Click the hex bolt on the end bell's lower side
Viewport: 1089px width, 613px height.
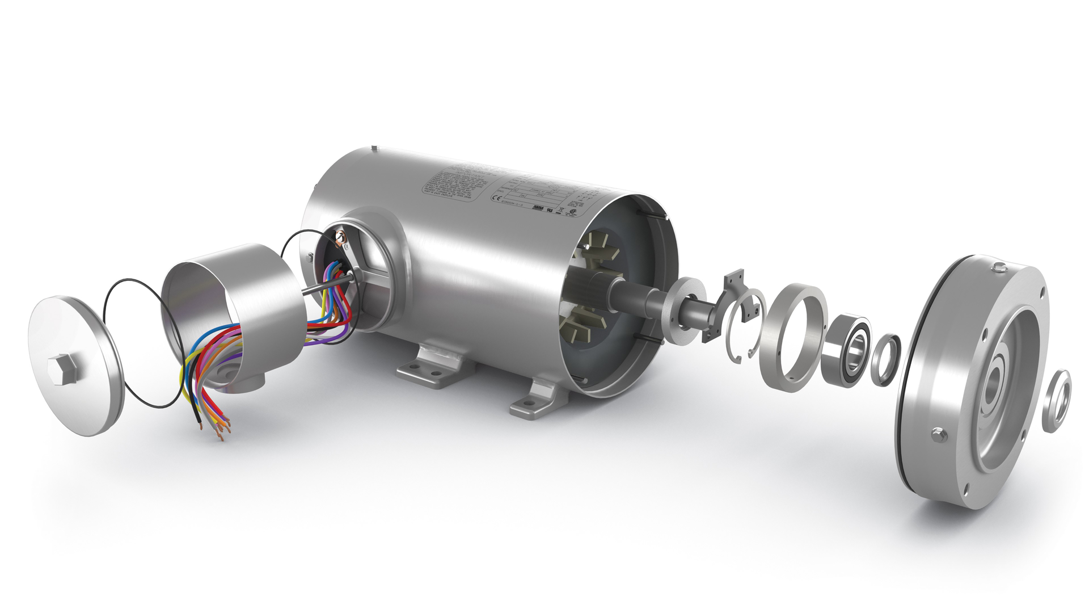point(937,435)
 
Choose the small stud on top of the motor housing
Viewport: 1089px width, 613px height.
point(374,149)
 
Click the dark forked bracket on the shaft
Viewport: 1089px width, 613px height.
point(723,309)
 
